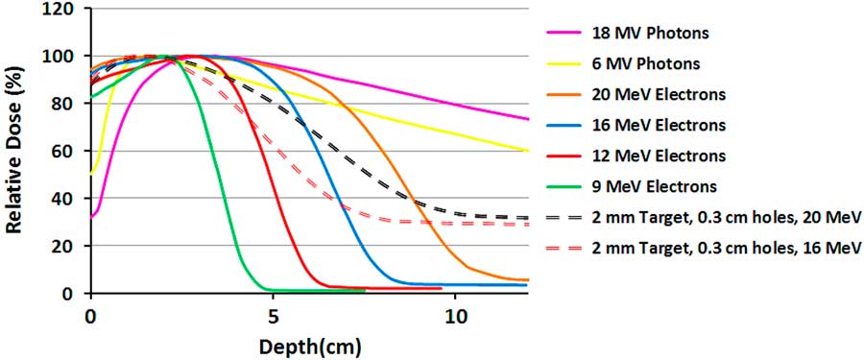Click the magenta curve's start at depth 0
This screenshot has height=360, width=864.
[x=90, y=217]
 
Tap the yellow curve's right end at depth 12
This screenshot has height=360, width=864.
[x=528, y=151]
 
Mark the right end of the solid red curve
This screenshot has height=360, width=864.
[x=442, y=288]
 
